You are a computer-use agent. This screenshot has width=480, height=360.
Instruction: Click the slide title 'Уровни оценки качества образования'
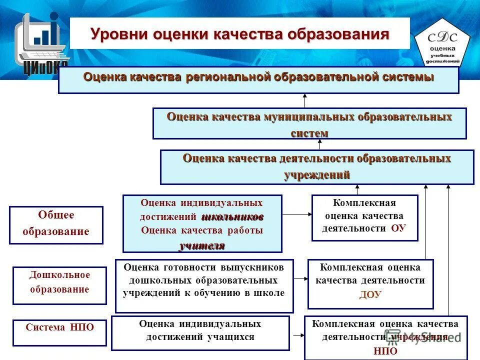coord(239,34)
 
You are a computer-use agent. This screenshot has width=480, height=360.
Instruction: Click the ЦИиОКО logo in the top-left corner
coord(40,42)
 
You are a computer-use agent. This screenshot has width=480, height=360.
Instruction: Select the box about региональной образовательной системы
coord(258,80)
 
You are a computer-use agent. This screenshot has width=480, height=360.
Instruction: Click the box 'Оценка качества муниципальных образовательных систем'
coord(309,123)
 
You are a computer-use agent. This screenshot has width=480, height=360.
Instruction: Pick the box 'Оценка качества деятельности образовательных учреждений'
coord(316,167)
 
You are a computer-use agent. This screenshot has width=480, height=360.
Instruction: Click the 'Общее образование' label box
coord(56,224)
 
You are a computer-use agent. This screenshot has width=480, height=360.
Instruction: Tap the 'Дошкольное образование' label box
coord(59,285)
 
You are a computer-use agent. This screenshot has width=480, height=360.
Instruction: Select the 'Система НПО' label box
coord(59,332)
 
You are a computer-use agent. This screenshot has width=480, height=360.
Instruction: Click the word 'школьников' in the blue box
coord(232,217)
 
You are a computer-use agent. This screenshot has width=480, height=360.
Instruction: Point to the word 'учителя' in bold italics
coord(202,245)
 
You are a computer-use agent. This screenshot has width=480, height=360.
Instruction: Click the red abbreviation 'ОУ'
coord(398,228)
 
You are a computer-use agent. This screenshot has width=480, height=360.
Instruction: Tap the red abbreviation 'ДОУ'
coord(370,294)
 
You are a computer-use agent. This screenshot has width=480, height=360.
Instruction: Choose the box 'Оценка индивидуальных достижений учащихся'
coord(200,332)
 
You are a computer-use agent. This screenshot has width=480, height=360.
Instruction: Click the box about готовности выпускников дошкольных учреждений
coord(204,285)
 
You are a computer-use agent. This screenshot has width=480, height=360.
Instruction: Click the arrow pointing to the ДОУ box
coord(300,278)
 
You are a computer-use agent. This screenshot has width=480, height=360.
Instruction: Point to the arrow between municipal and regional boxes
coord(304,100)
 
